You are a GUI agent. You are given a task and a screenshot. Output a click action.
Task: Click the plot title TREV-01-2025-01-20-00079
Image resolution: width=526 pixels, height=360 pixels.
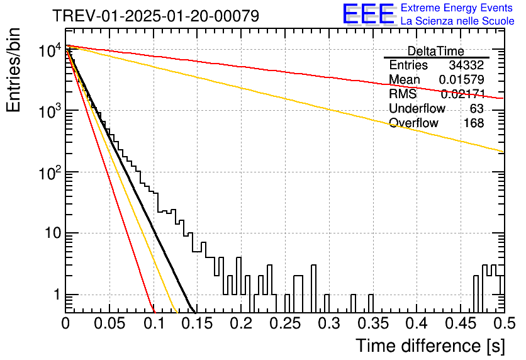tap(155, 16)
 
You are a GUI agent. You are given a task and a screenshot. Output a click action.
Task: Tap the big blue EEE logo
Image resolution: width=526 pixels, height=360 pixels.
tap(368, 14)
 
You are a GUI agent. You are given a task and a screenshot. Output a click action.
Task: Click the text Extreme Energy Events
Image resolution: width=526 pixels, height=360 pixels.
tap(457, 8)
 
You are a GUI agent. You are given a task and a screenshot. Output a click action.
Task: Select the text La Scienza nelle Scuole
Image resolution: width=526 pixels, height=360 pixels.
tap(457, 21)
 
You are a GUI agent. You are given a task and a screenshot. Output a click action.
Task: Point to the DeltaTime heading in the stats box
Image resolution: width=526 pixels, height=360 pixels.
tap(436, 52)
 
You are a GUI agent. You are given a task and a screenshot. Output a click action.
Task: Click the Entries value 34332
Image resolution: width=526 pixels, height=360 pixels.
tap(466, 65)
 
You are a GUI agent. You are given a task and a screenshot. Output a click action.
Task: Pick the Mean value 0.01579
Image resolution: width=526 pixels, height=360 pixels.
tap(462, 79)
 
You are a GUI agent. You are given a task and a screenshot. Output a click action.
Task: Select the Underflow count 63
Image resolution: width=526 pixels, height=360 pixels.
tap(477, 108)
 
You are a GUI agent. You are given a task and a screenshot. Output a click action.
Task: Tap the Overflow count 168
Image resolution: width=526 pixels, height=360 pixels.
tap(474, 123)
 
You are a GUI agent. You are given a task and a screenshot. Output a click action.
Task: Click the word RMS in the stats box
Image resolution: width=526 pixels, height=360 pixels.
tap(403, 94)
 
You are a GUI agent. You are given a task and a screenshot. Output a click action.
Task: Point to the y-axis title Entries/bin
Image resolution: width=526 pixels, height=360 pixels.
tap(13, 70)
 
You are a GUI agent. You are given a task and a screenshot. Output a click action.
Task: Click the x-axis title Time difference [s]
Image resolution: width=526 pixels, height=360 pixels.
tap(430, 346)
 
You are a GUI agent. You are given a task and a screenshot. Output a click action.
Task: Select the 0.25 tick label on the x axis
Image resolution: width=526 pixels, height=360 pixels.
tap(285, 323)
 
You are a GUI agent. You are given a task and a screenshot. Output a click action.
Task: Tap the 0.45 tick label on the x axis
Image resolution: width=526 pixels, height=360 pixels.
tap(461, 323)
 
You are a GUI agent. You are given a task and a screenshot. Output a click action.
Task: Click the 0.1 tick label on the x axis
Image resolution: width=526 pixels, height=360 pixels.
tap(155, 323)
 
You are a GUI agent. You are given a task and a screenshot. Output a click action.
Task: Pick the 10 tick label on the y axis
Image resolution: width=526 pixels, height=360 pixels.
tap(53, 233)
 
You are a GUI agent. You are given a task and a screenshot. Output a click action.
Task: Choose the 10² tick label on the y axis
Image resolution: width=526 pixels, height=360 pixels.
tap(50, 173)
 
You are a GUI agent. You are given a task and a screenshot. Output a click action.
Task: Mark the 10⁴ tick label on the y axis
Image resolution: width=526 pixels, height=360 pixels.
tap(50, 50)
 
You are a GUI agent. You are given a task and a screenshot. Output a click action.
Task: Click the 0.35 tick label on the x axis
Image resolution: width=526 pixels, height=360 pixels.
tap(373, 323)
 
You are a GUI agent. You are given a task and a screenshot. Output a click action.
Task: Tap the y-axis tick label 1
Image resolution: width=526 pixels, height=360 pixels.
tap(57, 295)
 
